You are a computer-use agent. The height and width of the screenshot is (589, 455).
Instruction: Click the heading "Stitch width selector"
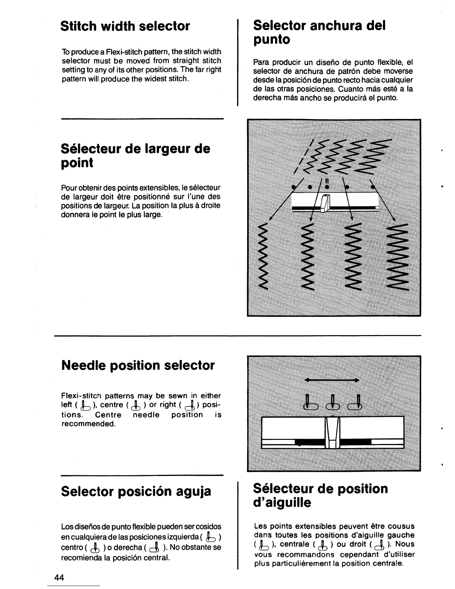[x=125, y=26]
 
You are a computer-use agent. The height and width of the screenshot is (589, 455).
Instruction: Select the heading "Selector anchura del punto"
[x=319, y=32]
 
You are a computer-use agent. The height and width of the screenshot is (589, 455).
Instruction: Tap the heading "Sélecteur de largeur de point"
[x=135, y=155]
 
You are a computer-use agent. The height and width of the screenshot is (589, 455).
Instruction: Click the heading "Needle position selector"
[x=138, y=365]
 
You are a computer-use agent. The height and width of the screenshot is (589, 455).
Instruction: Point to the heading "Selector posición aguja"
[x=136, y=491]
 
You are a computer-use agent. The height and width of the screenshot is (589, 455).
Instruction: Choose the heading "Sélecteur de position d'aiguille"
[x=320, y=495]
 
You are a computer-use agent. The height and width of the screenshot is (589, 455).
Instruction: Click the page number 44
[x=59, y=577]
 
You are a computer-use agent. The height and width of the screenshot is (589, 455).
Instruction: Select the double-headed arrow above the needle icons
[x=332, y=380]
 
